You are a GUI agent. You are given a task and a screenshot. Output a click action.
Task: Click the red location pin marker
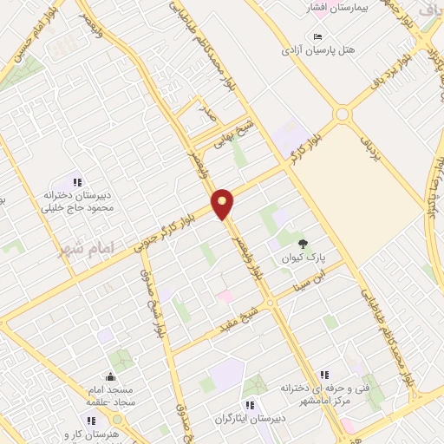[x=223, y=203]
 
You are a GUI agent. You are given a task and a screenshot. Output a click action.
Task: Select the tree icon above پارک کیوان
[x=303, y=244]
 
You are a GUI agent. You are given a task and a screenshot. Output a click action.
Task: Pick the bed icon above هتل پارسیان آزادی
[x=317, y=36]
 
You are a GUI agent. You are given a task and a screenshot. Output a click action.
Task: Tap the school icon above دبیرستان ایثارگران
[x=250, y=404]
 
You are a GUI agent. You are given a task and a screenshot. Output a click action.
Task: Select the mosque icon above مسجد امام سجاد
[x=110, y=377]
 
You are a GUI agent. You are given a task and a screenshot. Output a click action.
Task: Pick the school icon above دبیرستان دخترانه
[x=77, y=183]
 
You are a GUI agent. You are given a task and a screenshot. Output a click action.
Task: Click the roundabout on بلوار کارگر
[x=342, y=114]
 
